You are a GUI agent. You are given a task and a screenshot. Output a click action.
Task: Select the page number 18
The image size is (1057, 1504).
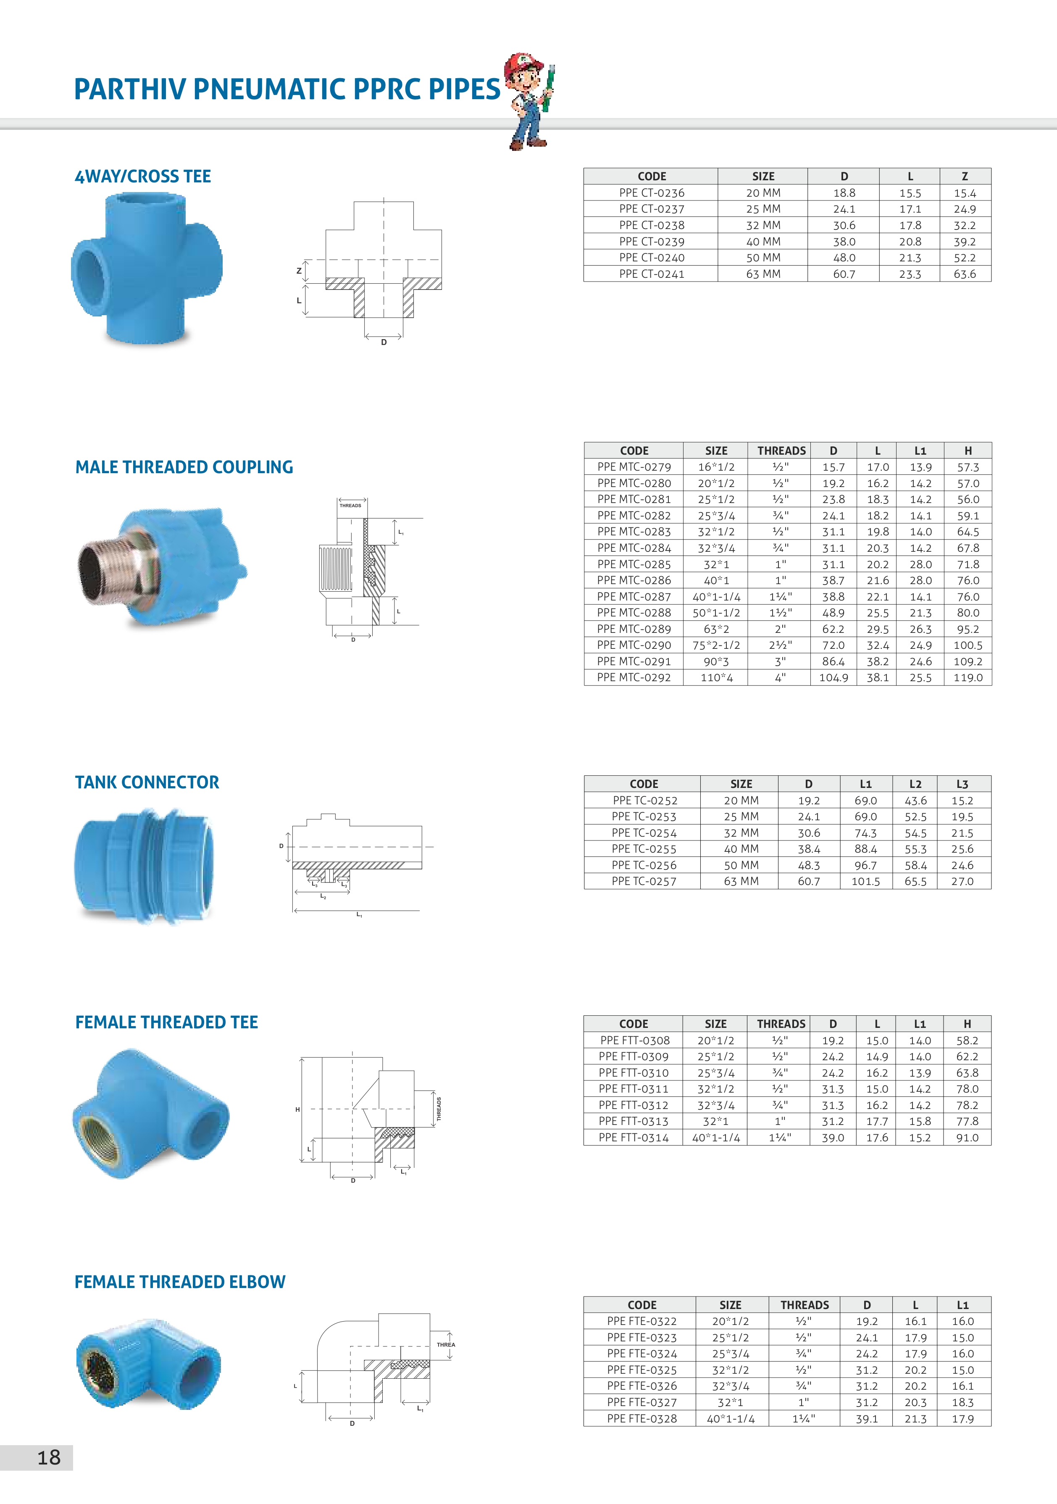coord(48,1457)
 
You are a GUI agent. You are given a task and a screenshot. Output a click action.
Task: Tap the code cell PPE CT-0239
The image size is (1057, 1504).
coord(652,242)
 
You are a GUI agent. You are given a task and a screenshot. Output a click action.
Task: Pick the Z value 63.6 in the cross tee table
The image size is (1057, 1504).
coord(965,274)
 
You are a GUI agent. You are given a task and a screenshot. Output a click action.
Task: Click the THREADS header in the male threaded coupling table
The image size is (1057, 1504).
coord(781,450)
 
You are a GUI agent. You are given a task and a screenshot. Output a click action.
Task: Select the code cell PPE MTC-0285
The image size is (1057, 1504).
coord(634,564)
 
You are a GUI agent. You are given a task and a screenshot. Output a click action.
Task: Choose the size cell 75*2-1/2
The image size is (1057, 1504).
coord(716,645)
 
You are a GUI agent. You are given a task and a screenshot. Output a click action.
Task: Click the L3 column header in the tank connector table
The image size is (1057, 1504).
coord(962,784)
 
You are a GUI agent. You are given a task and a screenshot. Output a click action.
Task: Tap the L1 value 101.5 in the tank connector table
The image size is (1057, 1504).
coord(865,881)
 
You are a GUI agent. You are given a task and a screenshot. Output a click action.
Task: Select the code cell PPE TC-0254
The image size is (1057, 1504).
coord(644,832)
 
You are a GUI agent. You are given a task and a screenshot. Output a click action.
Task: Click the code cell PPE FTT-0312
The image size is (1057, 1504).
coord(633,1105)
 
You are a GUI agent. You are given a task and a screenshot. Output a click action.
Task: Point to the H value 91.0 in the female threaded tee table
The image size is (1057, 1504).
coord(967,1138)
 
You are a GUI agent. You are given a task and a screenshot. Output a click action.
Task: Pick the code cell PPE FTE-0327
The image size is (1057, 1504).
coord(642,1402)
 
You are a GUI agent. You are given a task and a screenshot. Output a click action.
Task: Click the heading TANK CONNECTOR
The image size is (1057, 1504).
coord(147,782)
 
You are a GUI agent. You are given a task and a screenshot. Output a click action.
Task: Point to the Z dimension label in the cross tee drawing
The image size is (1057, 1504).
coord(299,271)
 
